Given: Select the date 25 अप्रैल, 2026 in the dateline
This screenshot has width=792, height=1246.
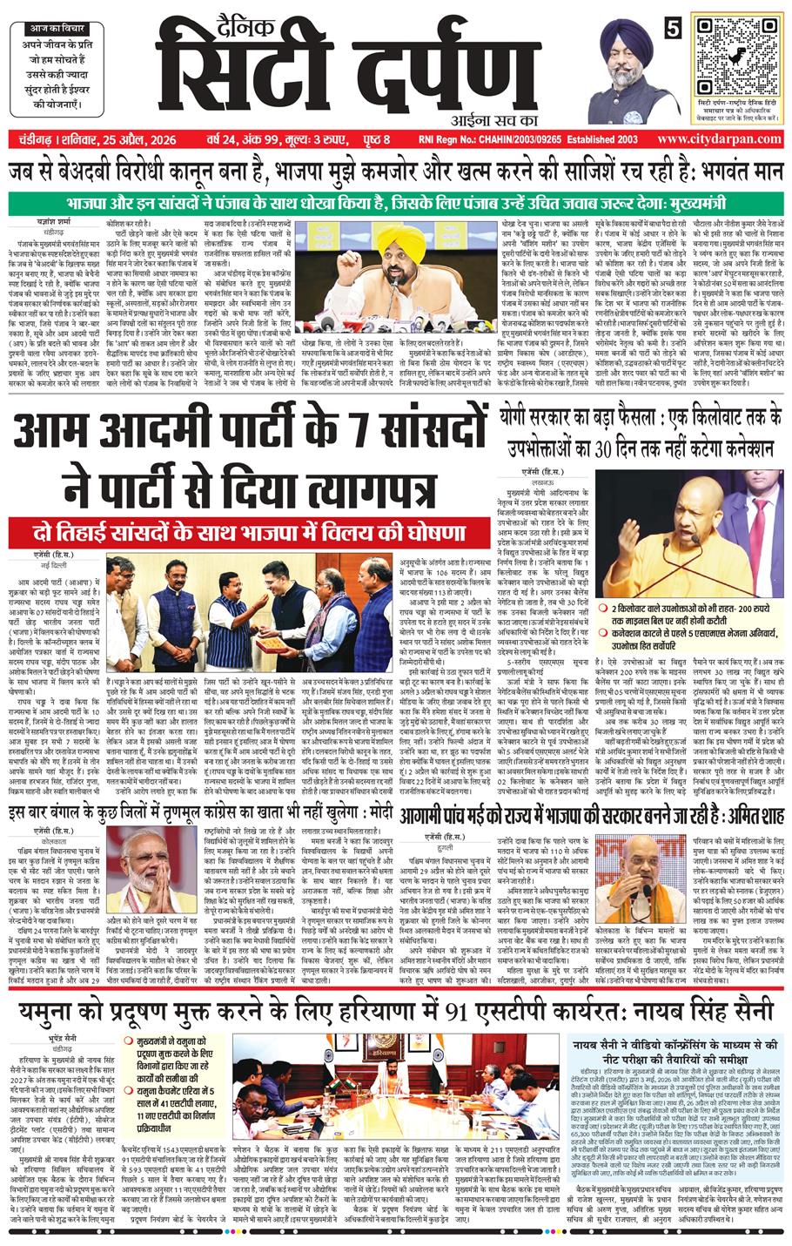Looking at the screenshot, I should [131, 139].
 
